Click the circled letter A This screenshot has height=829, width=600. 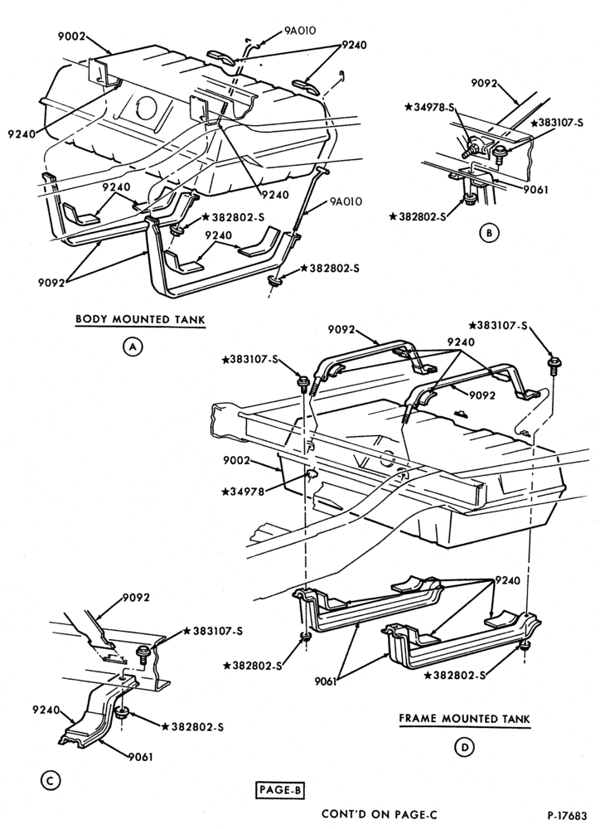pos(132,347)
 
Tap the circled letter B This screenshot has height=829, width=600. pos(489,233)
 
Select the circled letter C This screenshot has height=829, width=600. pos(51,780)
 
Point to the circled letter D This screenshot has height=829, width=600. pos(465,747)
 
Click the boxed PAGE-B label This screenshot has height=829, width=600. pos(280,790)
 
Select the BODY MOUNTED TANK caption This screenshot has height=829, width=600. pos(140,319)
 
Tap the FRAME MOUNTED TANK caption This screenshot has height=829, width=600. pos(464,719)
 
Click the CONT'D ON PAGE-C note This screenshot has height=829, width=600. pos(380,815)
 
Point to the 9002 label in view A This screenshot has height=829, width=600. pos(72,36)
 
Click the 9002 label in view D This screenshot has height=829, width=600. pos(236,460)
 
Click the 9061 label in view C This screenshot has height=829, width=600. pos(140,757)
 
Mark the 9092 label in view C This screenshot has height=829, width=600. pos(137,598)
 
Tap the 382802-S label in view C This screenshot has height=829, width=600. pos(192,727)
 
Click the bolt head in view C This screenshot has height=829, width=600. pos(143,652)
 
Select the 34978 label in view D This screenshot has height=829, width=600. pos(243,492)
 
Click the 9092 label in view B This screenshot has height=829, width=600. pos(486,82)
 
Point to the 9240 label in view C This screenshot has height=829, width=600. pos(46,710)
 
